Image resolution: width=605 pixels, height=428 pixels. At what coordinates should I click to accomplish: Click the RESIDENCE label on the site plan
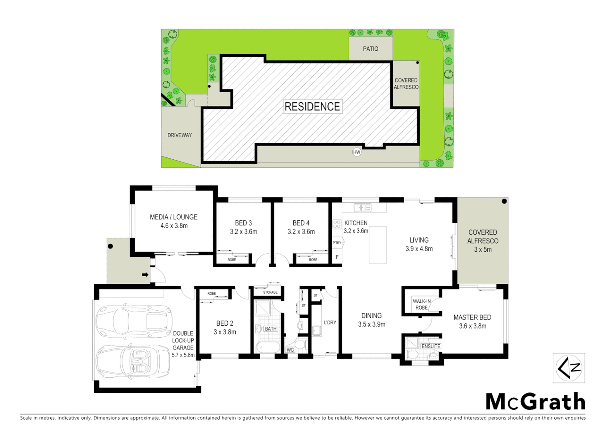point(312,107)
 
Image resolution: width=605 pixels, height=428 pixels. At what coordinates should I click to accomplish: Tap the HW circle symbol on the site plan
point(357,152)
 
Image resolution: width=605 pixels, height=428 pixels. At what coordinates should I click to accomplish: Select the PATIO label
point(371,49)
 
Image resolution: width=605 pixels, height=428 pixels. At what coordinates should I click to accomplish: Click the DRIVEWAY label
point(179,135)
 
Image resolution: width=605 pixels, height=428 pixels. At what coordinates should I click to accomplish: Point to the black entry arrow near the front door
point(145,275)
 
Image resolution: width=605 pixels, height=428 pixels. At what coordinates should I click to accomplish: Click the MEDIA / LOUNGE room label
point(173,217)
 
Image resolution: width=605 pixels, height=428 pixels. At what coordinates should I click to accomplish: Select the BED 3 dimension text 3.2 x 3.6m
point(244,232)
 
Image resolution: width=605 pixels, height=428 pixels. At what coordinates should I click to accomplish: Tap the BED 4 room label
point(301,223)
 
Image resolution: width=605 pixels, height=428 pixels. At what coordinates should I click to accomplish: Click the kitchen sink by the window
point(362,207)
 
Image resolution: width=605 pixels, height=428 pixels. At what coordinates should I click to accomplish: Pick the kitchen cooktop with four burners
point(337,224)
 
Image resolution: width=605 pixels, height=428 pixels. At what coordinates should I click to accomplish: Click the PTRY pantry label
point(337,243)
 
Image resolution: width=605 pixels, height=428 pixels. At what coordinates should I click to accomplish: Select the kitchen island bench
point(377,245)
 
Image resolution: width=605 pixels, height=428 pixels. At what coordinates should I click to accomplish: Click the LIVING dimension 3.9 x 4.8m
point(419,249)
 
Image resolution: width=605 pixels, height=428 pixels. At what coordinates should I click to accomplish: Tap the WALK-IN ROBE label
point(421,304)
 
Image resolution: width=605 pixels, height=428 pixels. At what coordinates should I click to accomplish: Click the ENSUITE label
point(431,346)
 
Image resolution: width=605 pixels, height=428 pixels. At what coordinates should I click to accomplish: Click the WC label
point(290,350)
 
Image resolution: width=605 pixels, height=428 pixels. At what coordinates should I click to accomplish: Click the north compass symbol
point(569,368)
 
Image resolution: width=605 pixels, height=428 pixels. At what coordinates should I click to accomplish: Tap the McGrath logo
point(535,402)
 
